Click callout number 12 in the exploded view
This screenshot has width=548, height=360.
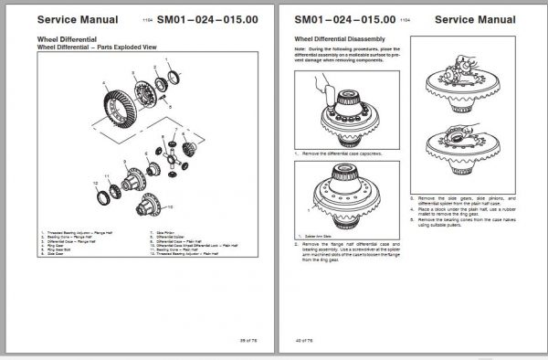(x=95, y=184)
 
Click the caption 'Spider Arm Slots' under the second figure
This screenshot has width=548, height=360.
(x=318, y=236)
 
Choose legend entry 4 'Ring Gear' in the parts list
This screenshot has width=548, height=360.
(x=61, y=246)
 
